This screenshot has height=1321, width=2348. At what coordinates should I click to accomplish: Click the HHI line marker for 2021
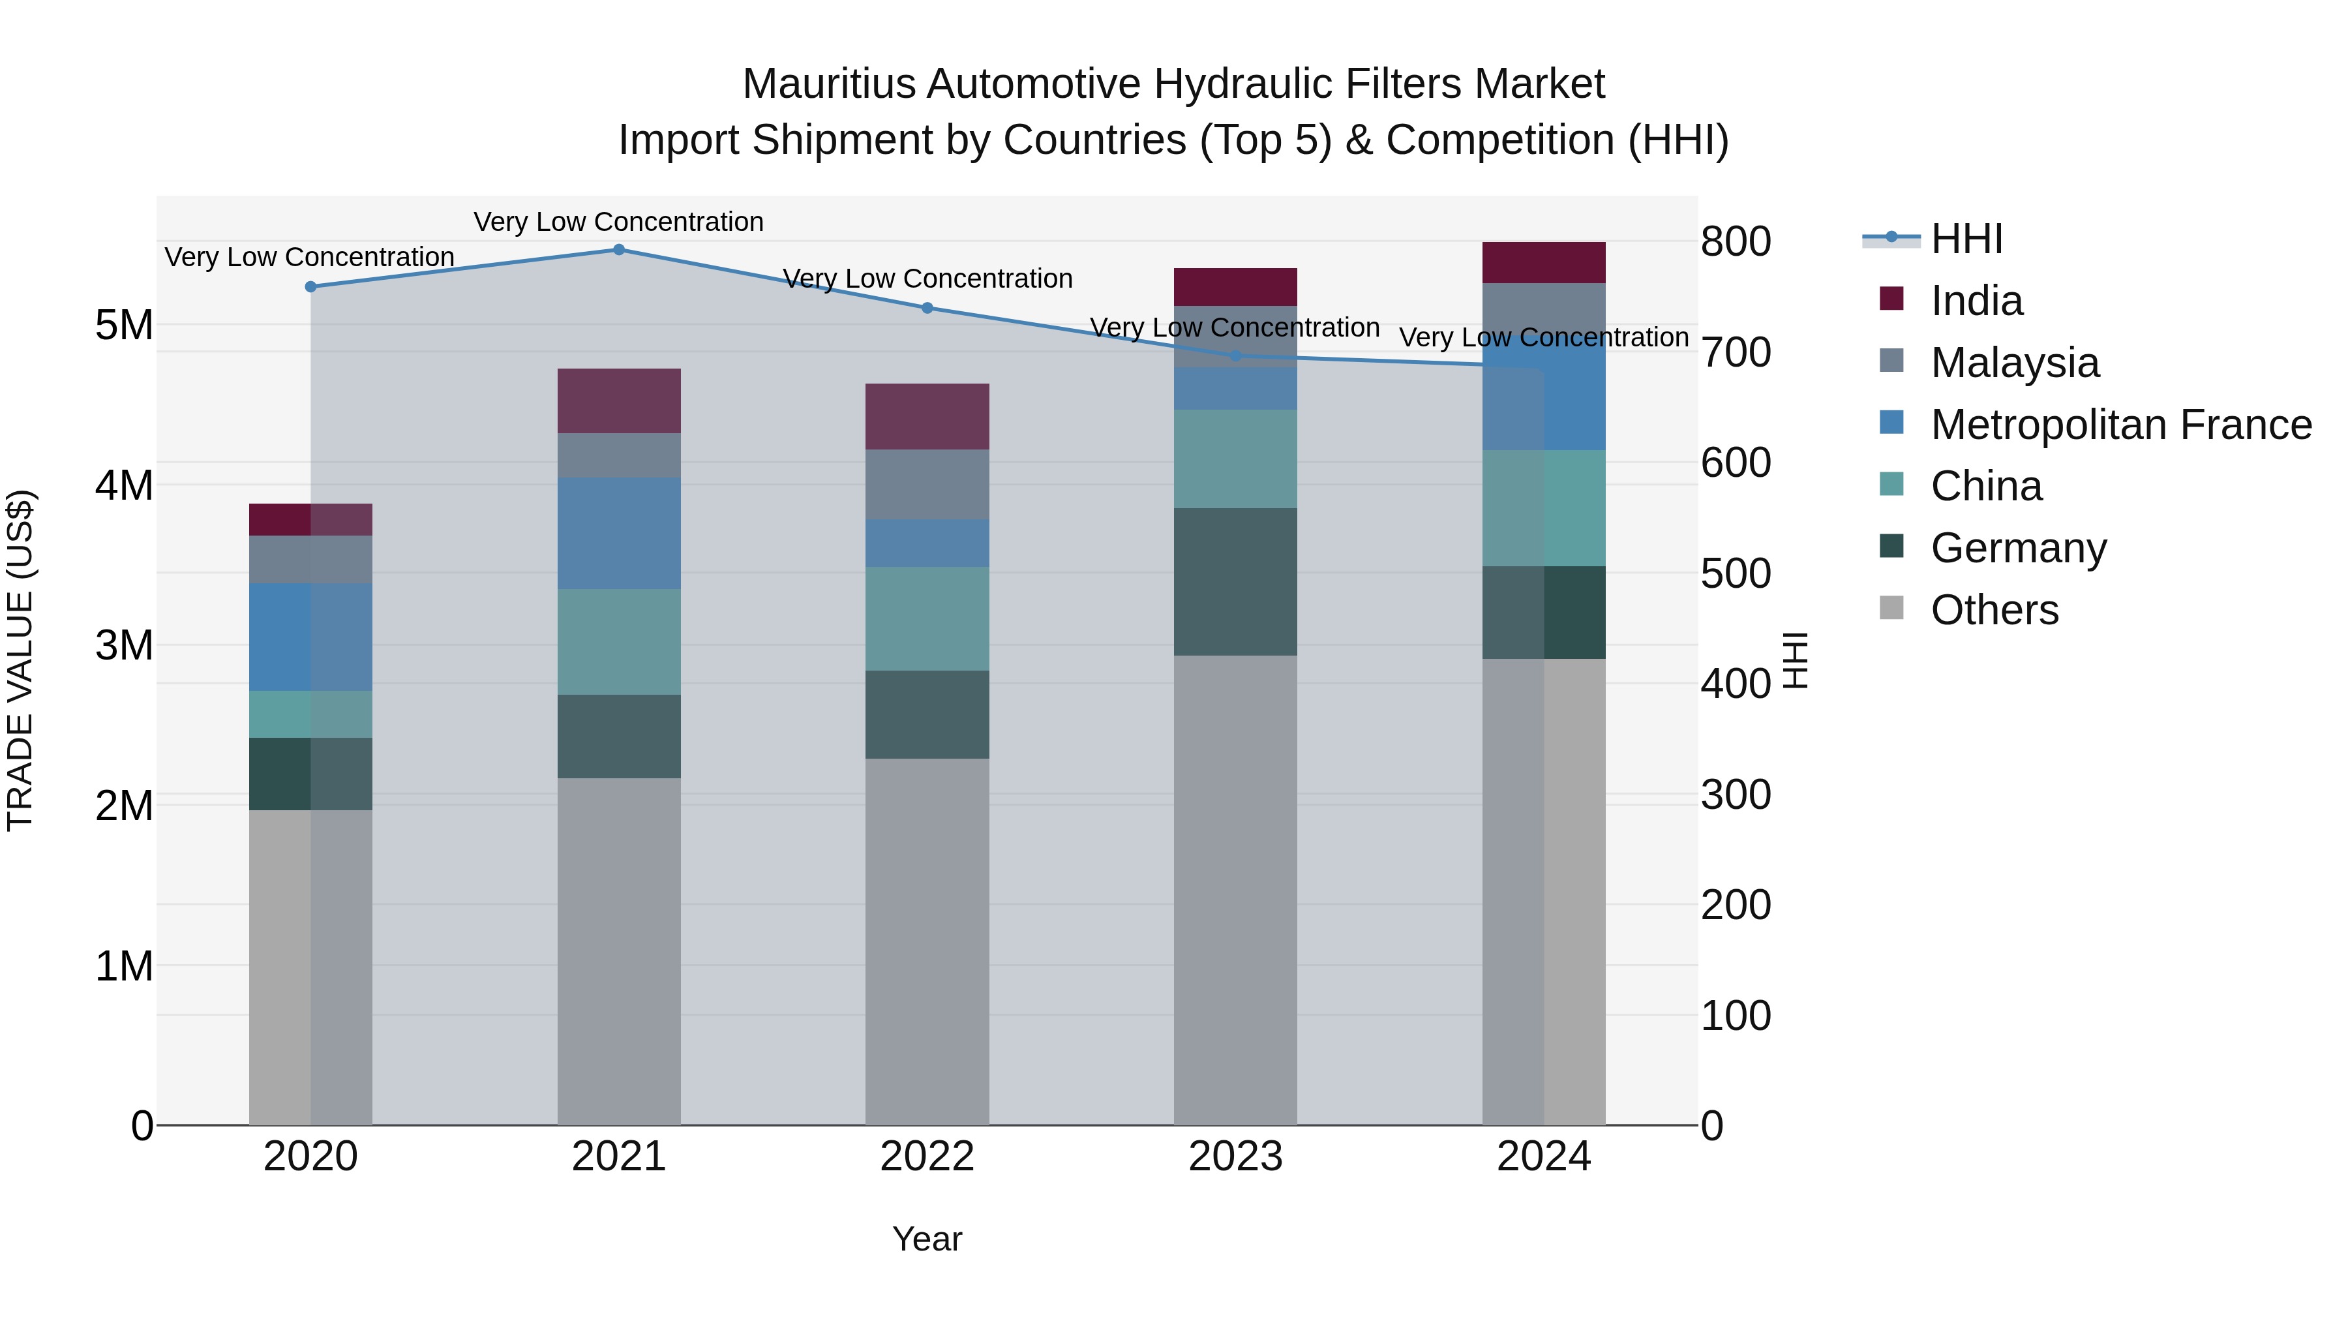pos(619,250)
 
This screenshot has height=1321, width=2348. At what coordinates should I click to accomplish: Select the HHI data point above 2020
pos(311,286)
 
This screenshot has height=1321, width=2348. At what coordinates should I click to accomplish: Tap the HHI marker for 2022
pos(927,308)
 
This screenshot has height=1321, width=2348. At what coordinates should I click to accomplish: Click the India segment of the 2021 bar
pos(619,401)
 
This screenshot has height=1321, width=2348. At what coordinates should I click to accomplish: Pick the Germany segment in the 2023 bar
pos(1235,582)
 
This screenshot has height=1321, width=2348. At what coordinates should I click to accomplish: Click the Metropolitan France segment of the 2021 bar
pos(619,534)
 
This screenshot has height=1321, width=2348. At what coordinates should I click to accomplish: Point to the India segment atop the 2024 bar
pos(1543,262)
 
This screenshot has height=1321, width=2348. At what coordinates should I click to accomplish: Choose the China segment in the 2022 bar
pos(927,619)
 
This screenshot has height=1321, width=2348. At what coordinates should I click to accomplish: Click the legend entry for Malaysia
pos(2015,363)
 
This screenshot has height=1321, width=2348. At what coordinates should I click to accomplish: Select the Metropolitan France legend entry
pos(2120,425)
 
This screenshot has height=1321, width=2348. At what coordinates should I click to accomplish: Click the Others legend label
pos(1994,610)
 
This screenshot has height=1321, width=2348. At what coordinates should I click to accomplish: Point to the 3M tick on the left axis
pos(124,645)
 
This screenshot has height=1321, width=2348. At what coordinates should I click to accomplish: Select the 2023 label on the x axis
pos(1235,1157)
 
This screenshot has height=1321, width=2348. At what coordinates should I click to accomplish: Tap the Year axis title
pos(927,1239)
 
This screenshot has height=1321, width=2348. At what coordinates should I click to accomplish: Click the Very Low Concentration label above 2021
pos(618,222)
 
